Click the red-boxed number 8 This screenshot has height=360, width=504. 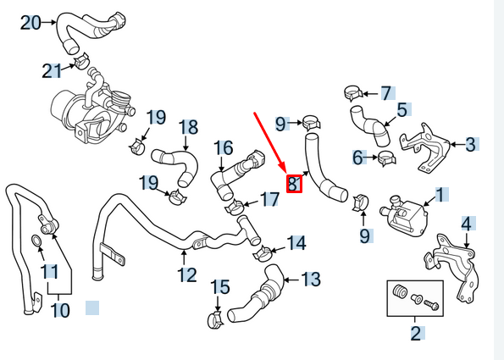pos(294,183)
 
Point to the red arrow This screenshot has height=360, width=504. pos(273,141)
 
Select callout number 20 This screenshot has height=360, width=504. pos(30,23)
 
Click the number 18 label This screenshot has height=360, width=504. pos(188,127)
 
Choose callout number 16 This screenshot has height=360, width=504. pos(223,148)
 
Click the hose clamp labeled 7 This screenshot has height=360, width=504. pos(354,92)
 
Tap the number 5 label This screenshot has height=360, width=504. pos(402,109)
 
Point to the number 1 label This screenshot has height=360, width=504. pos(440,196)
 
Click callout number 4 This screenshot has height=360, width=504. pos(466,224)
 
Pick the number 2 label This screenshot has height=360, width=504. pos(416,333)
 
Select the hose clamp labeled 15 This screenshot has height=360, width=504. pos(214,319)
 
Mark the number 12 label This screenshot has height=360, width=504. pos(187,274)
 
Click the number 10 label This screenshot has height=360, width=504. pos(59,310)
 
